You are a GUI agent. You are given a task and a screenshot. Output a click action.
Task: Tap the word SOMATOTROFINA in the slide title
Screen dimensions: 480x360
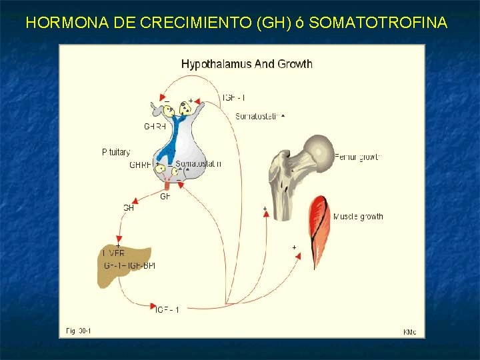pyautogui.click(x=378, y=23)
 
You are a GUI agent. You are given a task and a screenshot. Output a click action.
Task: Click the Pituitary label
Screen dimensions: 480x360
pyautogui.click(x=116, y=153)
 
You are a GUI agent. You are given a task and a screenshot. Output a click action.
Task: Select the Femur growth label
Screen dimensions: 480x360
pyautogui.click(x=357, y=157)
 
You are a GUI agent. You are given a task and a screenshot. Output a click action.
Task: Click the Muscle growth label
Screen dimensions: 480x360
pyautogui.click(x=358, y=217)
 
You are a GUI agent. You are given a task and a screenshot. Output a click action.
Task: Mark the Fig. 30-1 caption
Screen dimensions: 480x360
pyautogui.click(x=79, y=330)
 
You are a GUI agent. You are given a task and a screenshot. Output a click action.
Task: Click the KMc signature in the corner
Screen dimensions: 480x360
pyautogui.click(x=410, y=331)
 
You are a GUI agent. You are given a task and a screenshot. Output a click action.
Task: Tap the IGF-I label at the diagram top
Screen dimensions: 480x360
pyautogui.click(x=233, y=98)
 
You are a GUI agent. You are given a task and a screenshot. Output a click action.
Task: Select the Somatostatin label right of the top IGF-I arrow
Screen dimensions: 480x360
pyautogui.click(x=259, y=117)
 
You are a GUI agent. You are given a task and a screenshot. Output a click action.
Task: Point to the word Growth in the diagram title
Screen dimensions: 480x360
pyautogui.click(x=295, y=64)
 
